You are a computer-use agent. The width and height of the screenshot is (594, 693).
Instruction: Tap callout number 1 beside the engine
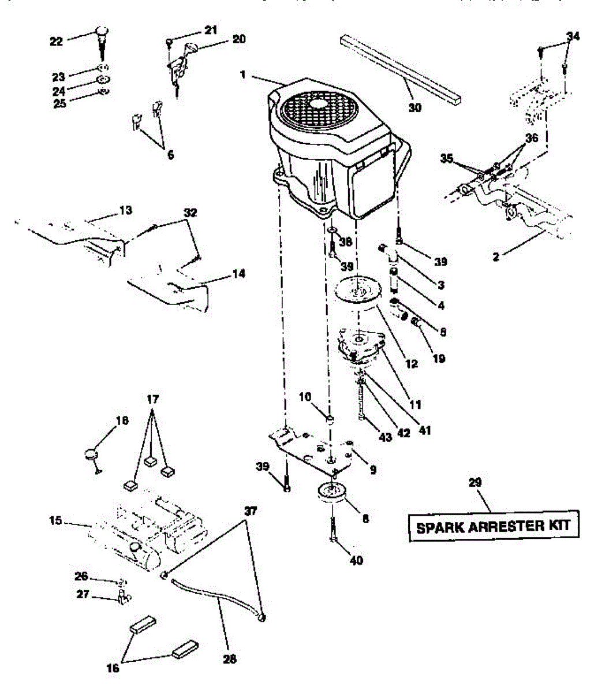[243, 74]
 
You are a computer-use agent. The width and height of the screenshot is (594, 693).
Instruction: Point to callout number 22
[56, 40]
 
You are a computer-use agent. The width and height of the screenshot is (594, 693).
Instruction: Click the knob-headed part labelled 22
[102, 31]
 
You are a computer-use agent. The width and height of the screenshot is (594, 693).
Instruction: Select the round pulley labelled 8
[331, 494]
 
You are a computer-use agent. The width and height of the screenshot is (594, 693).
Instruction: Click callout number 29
[476, 482]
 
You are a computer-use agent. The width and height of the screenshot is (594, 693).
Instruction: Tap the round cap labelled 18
[91, 453]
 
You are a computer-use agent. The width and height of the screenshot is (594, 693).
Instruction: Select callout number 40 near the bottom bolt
[356, 560]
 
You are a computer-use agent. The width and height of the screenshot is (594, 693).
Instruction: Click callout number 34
[572, 37]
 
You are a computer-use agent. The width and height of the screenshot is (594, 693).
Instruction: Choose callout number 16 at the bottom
[113, 668]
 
